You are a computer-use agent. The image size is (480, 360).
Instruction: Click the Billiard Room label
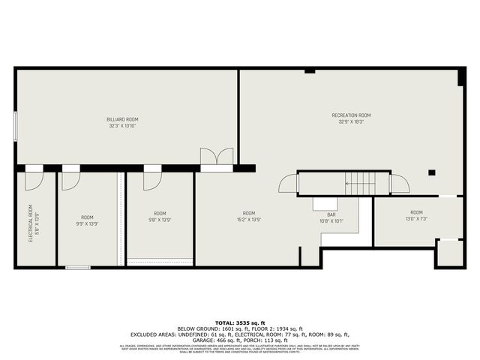(121, 119)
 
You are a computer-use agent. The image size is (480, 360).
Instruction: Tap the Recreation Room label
(351, 115)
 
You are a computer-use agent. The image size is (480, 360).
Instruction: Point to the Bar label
(331, 214)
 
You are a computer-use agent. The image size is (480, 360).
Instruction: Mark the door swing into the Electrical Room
(34, 181)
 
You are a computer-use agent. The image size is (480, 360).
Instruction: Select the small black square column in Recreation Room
(432, 173)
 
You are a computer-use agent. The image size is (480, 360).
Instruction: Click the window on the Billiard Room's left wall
(15, 124)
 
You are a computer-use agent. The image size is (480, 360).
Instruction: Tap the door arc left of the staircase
(288, 184)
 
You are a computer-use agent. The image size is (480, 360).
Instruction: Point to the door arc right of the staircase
(399, 184)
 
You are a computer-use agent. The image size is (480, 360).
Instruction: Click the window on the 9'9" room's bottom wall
(77, 268)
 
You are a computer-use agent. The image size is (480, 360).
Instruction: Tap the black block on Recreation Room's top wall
(310, 70)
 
